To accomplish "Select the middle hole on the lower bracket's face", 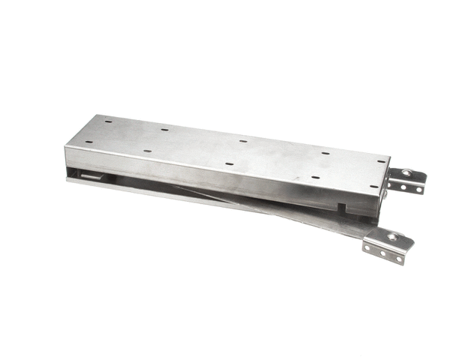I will (382, 253).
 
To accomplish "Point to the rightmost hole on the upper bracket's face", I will (419, 190).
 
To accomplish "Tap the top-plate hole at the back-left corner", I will (108, 120).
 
